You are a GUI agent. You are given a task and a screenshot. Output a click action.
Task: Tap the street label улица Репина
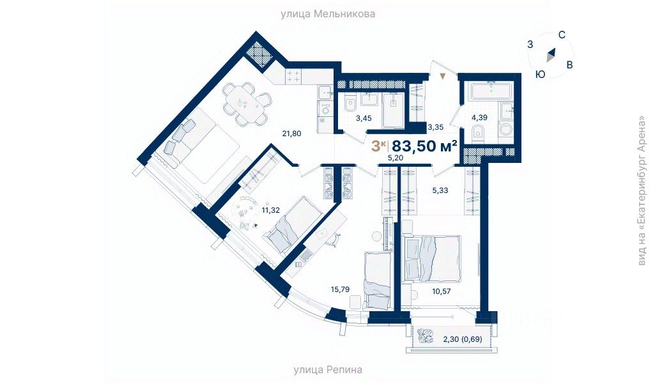328,369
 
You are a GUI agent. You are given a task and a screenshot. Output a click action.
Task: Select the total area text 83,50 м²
424,146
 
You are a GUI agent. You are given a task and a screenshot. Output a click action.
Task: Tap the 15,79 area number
341,289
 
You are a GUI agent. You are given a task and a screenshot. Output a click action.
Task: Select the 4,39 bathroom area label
480,118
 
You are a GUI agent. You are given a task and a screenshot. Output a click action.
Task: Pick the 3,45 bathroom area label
364,118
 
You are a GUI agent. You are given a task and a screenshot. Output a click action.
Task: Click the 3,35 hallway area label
436,127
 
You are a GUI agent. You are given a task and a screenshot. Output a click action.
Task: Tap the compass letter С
561,35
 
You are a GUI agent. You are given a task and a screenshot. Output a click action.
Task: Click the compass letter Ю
540,74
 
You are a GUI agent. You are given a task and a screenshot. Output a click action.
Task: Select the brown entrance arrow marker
442,76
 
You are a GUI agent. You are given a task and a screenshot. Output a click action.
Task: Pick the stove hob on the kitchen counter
294,77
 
